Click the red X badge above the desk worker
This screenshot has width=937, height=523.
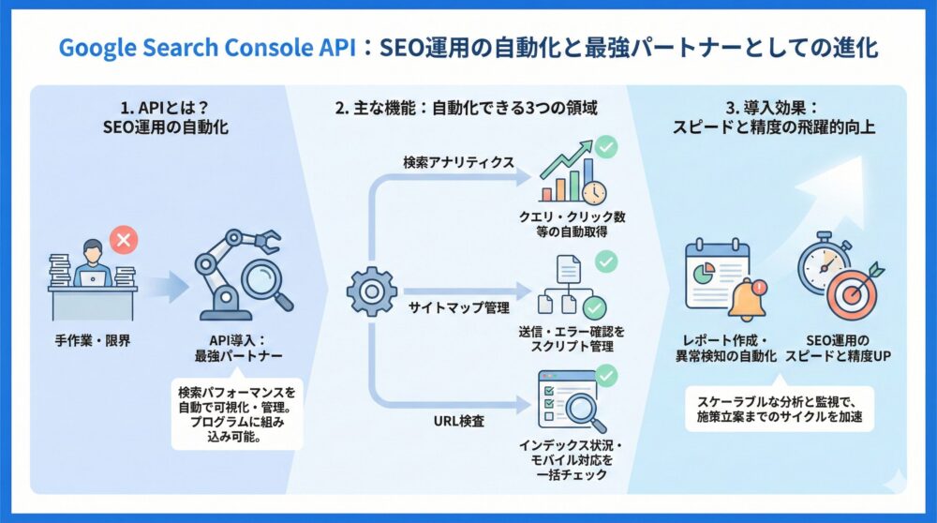pyautogui.click(x=122, y=241)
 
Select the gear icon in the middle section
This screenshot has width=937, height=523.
pyautogui.click(x=372, y=290)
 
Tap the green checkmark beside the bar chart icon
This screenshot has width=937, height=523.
pyautogui.click(x=606, y=148)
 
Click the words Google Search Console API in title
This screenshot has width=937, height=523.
pyautogui.click(x=209, y=48)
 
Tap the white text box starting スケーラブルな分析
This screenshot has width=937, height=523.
pyautogui.click(x=779, y=408)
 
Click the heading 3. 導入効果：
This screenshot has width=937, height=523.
pyautogui.click(x=773, y=107)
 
